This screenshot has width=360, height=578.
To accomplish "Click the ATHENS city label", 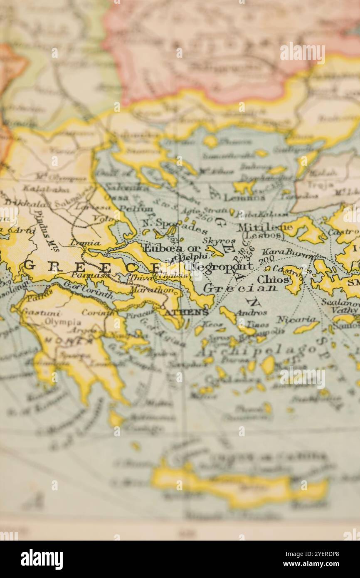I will [x=187, y=312].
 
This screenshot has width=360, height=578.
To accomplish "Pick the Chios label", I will [x=273, y=279].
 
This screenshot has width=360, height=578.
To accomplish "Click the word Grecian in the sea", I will [x=240, y=288].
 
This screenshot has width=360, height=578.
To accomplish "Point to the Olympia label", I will [x=63, y=322].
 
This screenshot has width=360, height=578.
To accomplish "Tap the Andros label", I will [x=252, y=312].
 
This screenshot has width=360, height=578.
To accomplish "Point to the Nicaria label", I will [x=296, y=319].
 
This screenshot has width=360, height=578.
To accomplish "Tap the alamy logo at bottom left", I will [x=42, y=559].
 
